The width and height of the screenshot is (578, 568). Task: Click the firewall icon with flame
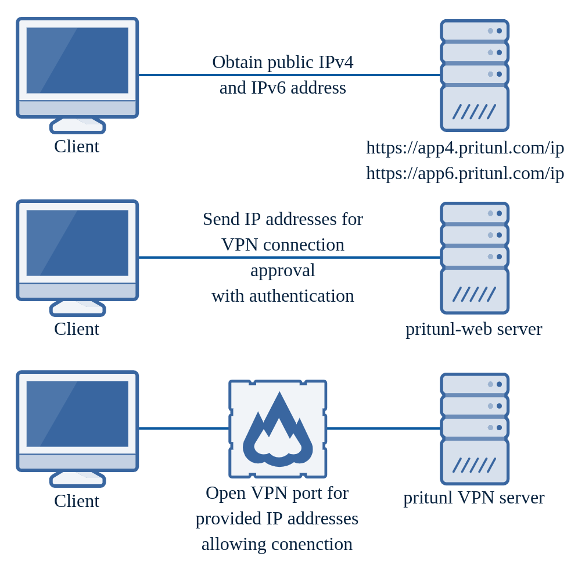pos(278,429)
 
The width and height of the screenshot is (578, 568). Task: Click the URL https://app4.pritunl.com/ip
pos(465,148)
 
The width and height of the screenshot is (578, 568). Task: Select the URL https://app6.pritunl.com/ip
pos(465,173)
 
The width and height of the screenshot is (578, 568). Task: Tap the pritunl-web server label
pos(473,329)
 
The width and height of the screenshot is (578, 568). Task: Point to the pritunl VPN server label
pos(473,498)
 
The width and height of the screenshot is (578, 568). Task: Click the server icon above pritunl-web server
pos(475,258)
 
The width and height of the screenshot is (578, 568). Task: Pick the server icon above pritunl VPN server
pos(475,429)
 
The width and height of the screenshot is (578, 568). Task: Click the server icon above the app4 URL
pos(475,76)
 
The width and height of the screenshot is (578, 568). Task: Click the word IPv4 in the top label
pos(335,62)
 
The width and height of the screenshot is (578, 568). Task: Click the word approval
pos(282,270)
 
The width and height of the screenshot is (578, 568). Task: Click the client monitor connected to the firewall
pos(77,421)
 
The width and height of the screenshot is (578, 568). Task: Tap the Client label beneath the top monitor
pos(77,147)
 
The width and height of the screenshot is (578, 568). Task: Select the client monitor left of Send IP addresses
pos(77,250)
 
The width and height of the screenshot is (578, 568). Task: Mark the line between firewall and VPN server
pos(383,428)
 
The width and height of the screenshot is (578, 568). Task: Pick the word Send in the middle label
pos(221,219)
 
